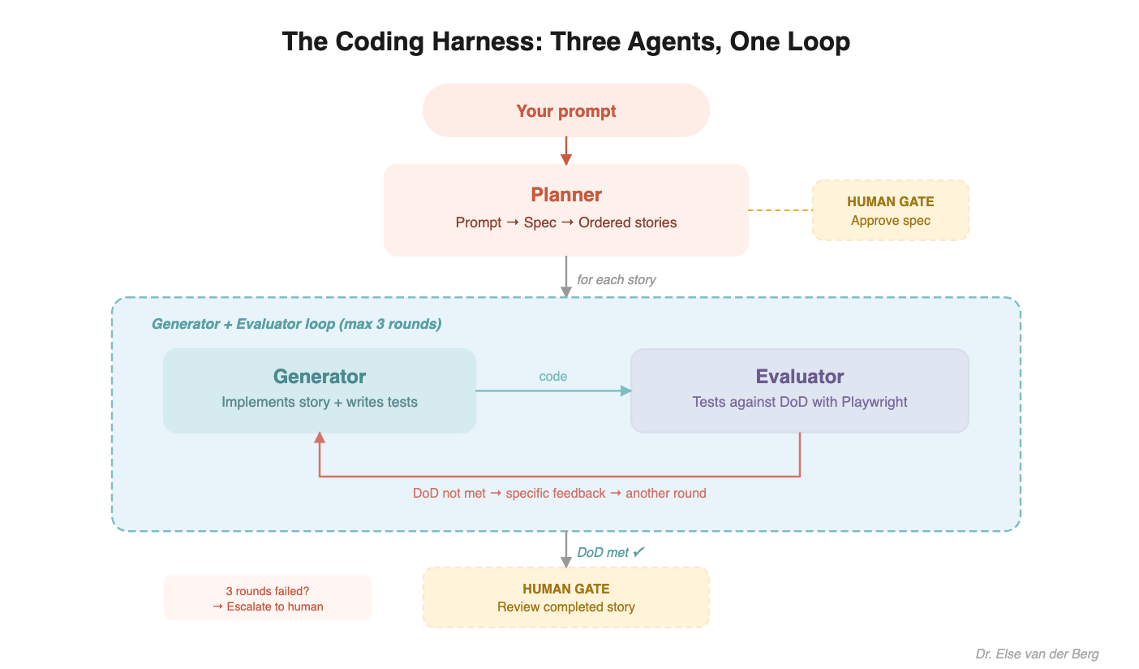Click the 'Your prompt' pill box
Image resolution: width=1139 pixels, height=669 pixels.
coord(565,111)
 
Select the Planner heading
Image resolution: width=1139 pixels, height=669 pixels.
coord(565,195)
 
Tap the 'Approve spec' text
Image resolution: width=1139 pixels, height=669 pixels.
coord(890,221)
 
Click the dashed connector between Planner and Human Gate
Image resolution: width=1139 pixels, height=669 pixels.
coord(780,210)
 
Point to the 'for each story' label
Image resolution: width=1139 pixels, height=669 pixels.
coord(616,280)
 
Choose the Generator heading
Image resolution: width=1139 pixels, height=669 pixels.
coord(319,377)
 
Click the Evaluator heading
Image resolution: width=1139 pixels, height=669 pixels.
coord(799,377)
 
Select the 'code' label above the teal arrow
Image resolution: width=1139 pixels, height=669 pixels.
coord(552,377)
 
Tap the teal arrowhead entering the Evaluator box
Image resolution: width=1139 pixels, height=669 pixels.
coord(625,391)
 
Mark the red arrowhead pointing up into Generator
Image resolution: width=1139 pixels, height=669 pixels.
coord(320,438)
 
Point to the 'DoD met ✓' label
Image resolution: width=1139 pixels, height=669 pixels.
coord(610,553)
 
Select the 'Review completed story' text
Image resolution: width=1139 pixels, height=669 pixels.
coord(565,607)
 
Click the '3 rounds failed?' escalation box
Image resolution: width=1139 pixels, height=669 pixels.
coord(267,598)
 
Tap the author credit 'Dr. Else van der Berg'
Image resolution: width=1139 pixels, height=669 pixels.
coord(1037,654)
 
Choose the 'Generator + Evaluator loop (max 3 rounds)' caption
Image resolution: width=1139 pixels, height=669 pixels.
coord(296,325)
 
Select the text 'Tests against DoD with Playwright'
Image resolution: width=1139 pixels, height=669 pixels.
coord(799,402)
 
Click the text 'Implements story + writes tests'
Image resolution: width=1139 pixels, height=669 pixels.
coord(319,402)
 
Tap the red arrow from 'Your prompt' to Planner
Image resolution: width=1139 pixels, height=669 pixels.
coord(566,150)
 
